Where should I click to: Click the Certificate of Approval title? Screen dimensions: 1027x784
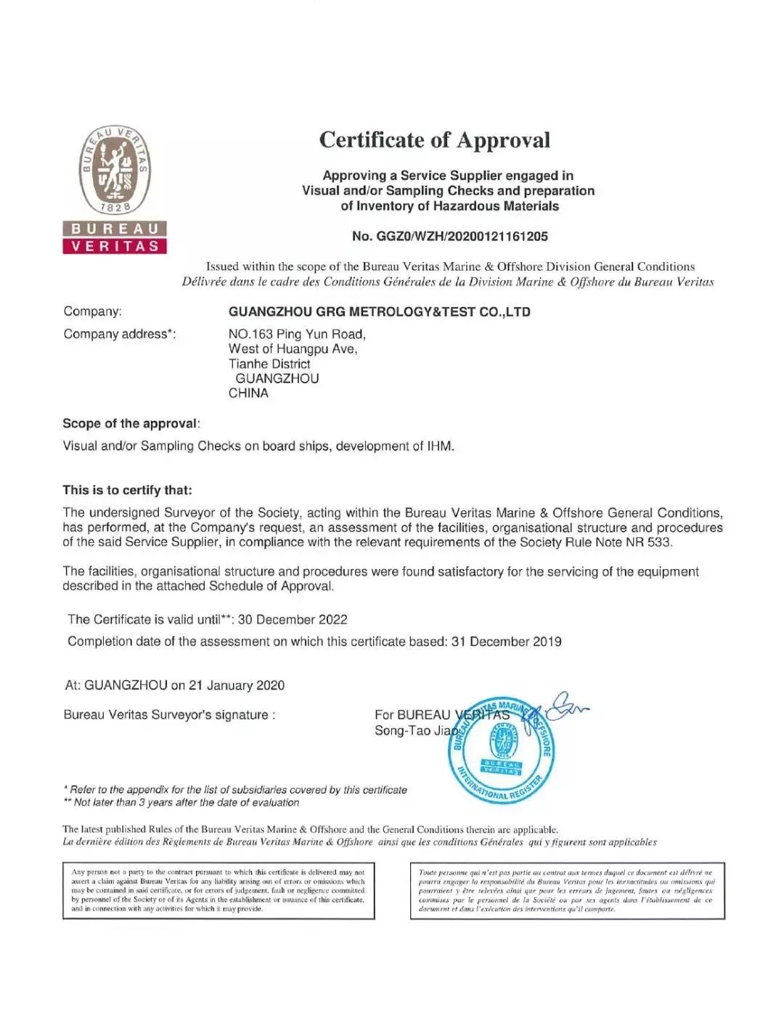coord(434,140)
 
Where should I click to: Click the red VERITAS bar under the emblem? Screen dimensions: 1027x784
coord(115,246)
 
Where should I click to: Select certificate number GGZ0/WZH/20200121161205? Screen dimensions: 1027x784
coord(449,237)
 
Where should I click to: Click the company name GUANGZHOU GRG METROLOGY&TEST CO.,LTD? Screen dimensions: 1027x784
coord(379,312)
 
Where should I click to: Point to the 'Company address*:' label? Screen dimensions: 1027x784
coord(119,334)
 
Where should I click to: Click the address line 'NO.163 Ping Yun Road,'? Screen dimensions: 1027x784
coord(297,334)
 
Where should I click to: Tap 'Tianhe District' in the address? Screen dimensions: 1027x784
coord(269,364)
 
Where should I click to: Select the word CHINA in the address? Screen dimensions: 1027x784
coord(248,393)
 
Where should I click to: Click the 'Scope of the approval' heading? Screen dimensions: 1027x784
coord(130,424)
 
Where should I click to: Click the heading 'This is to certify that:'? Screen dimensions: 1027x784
coord(127,490)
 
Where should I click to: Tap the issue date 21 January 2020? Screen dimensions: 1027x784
coord(237,685)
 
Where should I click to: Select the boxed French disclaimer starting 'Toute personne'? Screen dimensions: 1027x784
coord(567,890)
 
